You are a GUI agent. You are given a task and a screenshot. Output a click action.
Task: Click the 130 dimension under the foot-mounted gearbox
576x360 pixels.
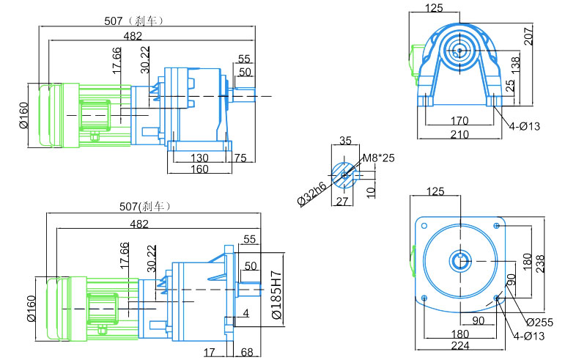(x=199, y=158)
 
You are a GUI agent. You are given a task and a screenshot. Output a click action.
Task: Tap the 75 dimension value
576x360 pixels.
(x=240, y=158)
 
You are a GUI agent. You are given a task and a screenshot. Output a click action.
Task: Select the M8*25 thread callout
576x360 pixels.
(x=379, y=158)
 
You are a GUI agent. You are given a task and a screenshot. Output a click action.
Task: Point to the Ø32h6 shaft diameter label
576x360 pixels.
(x=312, y=194)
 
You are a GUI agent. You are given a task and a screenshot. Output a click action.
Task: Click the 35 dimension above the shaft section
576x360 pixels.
(x=345, y=140)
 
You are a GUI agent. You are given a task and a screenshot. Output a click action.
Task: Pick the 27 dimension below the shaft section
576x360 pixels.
(x=342, y=201)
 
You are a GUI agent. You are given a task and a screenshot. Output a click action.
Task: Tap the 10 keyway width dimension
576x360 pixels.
(x=371, y=192)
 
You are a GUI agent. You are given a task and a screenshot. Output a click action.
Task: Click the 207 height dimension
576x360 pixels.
(x=528, y=36)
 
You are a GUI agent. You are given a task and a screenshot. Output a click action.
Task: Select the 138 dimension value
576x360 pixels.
(x=516, y=63)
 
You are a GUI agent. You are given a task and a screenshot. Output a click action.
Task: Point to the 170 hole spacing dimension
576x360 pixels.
(x=459, y=120)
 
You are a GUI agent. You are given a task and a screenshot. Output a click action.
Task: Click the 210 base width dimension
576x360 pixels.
(x=459, y=134)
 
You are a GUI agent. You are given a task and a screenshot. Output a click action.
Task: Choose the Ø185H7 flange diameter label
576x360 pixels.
(x=276, y=295)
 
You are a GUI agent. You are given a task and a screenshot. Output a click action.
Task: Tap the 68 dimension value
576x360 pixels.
(x=247, y=352)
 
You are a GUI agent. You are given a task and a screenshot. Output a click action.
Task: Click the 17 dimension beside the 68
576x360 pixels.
(x=210, y=352)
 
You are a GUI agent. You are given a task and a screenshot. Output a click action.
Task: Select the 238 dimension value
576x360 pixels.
(x=540, y=264)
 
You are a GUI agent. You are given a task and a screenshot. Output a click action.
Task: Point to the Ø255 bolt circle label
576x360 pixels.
(x=539, y=322)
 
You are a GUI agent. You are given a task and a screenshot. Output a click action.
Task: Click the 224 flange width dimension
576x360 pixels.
(x=460, y=345)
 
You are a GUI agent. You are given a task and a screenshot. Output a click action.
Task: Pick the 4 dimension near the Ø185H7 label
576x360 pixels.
(x=245, y=313)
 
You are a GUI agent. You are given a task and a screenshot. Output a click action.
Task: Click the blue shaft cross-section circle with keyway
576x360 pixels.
(x=344, y=175)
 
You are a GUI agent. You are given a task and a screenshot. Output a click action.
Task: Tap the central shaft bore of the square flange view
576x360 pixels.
(x=460, y=261)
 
